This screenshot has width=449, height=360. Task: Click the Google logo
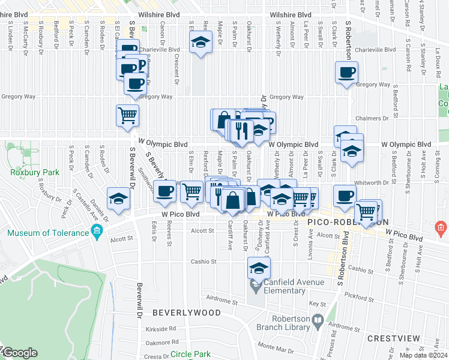(x=20, y=353)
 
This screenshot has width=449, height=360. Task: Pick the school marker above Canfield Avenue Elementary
(x=259, y=268)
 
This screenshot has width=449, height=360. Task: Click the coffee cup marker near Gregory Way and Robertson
(x=346, y=73)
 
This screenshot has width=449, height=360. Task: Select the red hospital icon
(x=441, y=228)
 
